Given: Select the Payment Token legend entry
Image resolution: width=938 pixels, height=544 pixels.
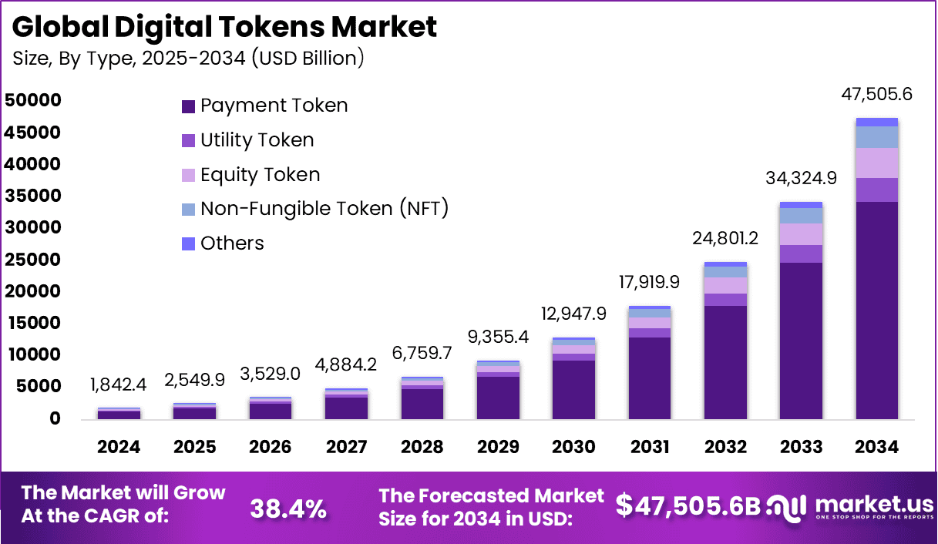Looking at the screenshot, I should [274, 106].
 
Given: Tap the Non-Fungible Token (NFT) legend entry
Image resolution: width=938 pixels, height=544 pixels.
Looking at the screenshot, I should [324, 208].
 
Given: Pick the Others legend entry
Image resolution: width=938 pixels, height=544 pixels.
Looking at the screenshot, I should [232, 243].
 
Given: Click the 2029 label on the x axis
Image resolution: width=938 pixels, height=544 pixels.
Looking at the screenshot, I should [497, 447].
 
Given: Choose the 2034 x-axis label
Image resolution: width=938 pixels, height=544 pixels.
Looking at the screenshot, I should [876, 447].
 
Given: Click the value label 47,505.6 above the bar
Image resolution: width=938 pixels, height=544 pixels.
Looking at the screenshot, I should [876, 95].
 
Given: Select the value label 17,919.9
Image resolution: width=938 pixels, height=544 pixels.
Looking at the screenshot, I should [649, 283].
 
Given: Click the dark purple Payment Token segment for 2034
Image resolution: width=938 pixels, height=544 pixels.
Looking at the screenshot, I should [876, 308].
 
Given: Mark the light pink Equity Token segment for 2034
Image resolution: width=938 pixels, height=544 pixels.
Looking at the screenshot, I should [876, 163].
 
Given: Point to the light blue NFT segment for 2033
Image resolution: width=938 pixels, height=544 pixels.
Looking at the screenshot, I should [801, 215].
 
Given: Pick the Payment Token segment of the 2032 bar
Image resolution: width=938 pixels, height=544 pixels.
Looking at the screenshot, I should [725, 362].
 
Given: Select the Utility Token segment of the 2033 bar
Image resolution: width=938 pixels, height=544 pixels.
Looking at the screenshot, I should [801, 254].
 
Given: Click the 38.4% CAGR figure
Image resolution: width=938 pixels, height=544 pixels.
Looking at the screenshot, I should [288, 508].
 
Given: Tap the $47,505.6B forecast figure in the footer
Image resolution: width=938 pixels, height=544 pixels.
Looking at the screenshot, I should [688, 505].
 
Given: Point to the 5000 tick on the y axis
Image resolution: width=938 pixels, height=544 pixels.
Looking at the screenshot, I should [32, 387].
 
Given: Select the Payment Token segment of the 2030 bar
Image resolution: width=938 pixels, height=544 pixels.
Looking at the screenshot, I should [573, 389].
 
